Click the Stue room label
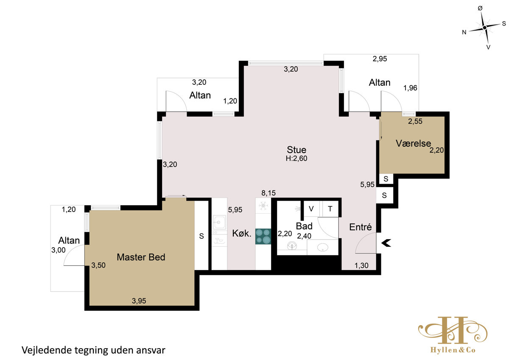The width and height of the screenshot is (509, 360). pos(296,150)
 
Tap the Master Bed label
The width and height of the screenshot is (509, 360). pos(141,257)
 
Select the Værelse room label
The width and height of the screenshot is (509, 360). pos(413,143)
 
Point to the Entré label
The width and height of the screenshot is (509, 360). pos(361,227)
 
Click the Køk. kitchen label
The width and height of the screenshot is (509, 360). pos(242,234)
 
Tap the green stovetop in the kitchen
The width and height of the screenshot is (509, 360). pos(263,237)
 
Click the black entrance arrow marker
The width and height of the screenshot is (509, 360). pos(386,243)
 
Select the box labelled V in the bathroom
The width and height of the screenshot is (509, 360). pos(311,209)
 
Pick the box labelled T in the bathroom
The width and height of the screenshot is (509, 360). pos(330,209)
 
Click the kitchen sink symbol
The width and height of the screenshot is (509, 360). pos(219,222)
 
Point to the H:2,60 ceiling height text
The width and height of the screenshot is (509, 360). pos(296,159)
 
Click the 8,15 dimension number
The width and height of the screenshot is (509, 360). pos(268,193)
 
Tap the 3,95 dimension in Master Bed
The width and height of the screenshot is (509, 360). pos(139,301)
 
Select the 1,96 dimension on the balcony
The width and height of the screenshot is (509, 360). pos(410,88)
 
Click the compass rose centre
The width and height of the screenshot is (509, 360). pos(484,28)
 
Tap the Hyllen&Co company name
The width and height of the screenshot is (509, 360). pos(453,350)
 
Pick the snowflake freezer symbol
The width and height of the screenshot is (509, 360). pos(263,206)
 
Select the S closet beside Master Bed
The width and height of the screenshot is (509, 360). pos(201,236)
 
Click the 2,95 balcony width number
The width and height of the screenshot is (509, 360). pos(380,59)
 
